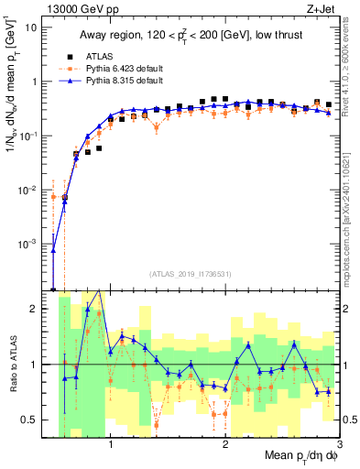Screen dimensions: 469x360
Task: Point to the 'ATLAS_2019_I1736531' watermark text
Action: [x=191, y=274]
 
